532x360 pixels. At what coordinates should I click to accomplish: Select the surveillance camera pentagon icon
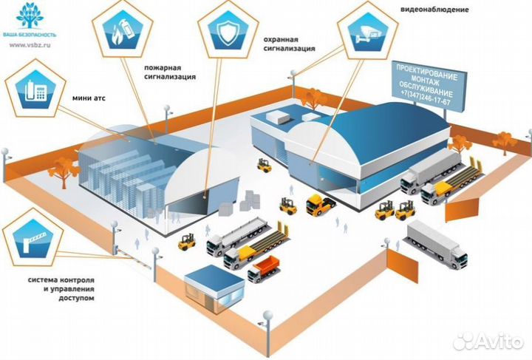point(367,31)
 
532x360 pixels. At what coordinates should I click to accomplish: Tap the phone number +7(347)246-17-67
point(424,101)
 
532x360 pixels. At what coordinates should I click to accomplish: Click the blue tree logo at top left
point(30,15)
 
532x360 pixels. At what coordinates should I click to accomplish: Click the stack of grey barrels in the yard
point(252,200)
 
